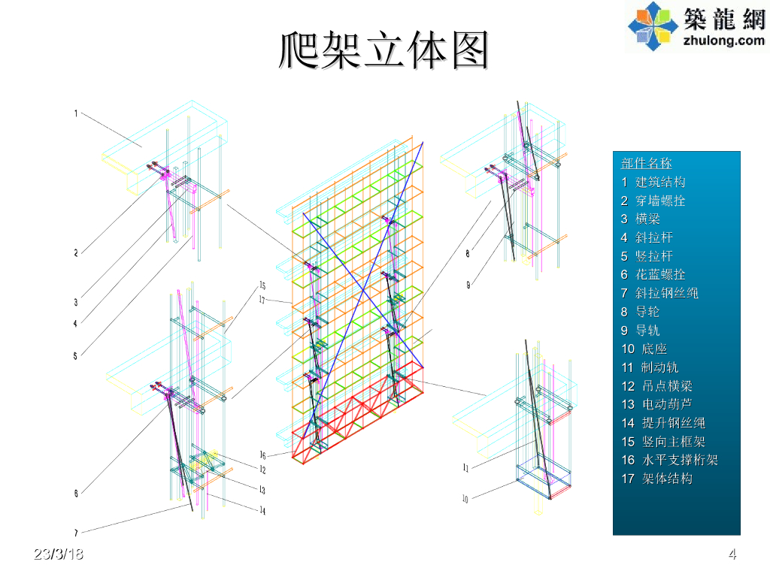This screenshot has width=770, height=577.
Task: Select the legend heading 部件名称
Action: pyautogui.click(x=647, y=164)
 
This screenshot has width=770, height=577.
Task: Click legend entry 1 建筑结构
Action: pyautogui.click(x=653, y=182)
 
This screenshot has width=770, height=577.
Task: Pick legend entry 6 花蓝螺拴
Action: pyautogui.click(x=653, y=275)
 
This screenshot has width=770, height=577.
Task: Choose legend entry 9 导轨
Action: pyautogui.click(x=640, y=331)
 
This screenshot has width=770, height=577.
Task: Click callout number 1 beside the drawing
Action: pyautogui.click(x=76, y=113)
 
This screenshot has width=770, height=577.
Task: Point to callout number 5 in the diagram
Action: pyautogui.click(x=75, y=356)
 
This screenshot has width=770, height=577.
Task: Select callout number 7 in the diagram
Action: pyautogui.click(x=76, y=533)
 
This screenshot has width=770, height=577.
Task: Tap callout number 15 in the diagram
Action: pyautogui.click(x=262, y=285)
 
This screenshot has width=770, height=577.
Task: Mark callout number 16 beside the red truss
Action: pyautogui.click(x=262, y=455)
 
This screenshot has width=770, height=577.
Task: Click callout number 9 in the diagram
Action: pyautogui.click(x=468, y=285)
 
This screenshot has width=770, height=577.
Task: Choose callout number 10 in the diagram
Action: pyautogui.click(x=465, y=499)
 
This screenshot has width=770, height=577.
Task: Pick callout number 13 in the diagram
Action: pyautogui.click(x=262, y=490)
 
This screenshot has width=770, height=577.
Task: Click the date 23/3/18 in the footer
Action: pyautogui.click(x=59, y=554)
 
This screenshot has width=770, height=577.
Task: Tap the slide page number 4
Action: pyautogui.click(x=732, y=555)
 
